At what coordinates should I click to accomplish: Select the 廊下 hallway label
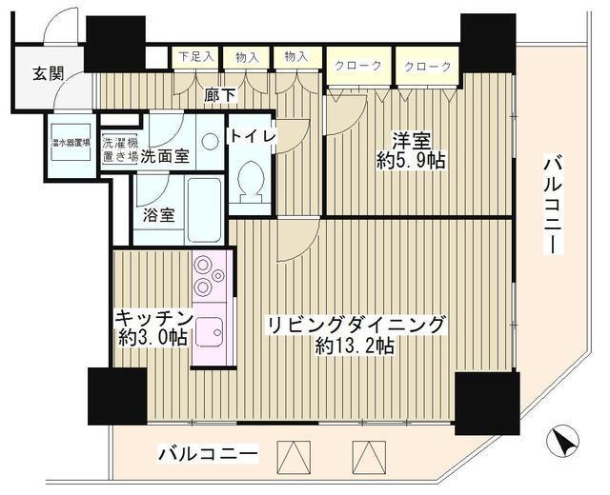[221, 94]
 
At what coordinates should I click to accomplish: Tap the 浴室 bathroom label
[157, 214]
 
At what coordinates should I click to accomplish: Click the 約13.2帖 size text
[355, 346]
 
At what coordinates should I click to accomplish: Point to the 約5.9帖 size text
[411, 162]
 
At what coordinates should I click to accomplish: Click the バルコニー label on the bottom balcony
[207, 454]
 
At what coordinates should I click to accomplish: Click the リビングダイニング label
[356, 325]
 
